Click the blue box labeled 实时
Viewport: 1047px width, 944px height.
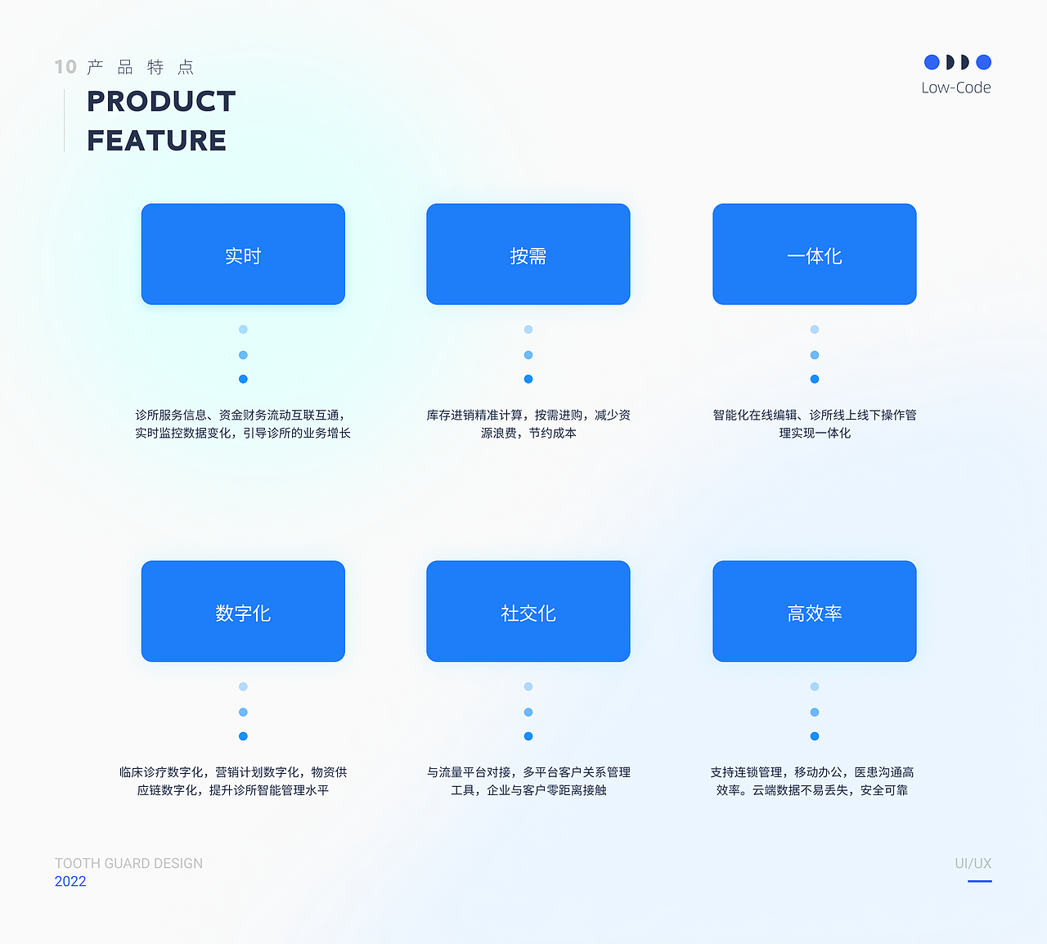coord(243,254)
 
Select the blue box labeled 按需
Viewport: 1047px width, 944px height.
coord(528,254)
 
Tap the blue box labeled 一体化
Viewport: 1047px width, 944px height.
coord(814,254)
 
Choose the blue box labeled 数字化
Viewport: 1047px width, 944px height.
coord(243,611)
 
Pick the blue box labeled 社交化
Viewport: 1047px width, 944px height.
coord(528,611)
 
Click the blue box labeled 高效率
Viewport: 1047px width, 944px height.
coord(814,611)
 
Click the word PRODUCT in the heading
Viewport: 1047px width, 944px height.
coord(161,101)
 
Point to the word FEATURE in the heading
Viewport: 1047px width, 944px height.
coord(156,141)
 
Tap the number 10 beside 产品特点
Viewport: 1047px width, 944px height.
coord(65,67)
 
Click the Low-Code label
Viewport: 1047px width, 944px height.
coord(955,88)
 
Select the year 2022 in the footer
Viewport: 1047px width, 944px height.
coord(70,881)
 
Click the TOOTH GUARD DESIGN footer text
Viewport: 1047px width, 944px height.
coord(128,864)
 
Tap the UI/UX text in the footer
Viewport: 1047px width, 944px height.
coord(973,864)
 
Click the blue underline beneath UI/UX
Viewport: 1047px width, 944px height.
coord(980,881)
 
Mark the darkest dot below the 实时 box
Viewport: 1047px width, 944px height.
coord(243,379)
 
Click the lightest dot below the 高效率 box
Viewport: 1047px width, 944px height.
coord(814,686)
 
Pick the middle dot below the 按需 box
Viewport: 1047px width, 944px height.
coord(528,355)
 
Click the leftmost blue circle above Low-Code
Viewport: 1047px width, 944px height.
coord(932,62)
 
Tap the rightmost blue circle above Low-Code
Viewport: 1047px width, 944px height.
coord(983,62)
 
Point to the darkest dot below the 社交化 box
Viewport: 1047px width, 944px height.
coord(528,736)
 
